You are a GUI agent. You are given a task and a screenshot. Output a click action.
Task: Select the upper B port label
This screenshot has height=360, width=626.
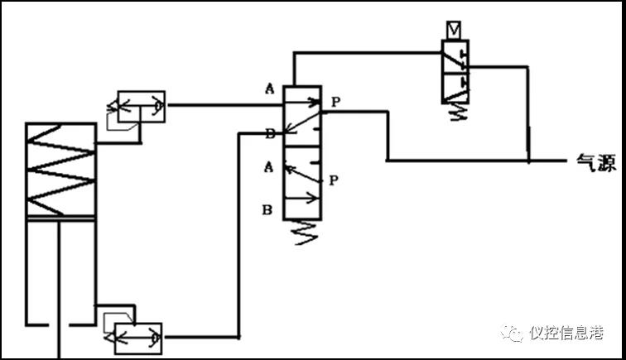point(269,132)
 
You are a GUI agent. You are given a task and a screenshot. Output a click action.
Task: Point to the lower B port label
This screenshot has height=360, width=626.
point(267,209)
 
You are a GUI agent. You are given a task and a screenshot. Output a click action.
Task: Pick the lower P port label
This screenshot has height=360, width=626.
point(333,179)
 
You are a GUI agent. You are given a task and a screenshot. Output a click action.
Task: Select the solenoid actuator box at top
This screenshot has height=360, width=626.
point(455,30)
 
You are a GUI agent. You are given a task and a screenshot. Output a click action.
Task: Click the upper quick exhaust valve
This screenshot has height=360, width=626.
point(141,107)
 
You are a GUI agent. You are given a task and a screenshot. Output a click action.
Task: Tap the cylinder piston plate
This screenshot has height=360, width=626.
point(61,218)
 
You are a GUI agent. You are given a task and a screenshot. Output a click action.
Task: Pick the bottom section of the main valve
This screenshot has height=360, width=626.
point(302,200)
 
